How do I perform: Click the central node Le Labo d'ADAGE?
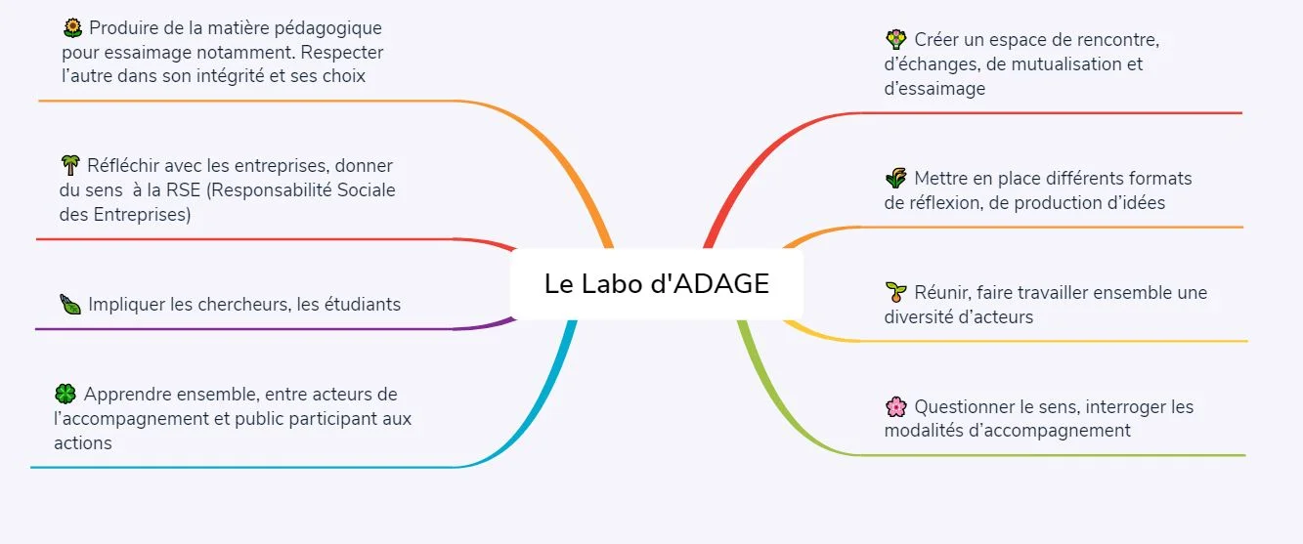click(x=657, y=284)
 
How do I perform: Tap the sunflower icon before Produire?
click(x=71, y=27)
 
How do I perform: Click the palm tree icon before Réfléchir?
click(x=69, y=164)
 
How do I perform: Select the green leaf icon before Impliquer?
click(x=70, y=304)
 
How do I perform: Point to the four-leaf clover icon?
click(x=65, y=394)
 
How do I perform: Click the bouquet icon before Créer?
click(x=895, y=39)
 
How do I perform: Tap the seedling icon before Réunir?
click(x=895, y=291)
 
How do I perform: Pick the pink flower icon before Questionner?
click(x=895, y=406)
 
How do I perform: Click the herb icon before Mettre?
click(x=895, y=178)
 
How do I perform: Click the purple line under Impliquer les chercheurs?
click(x=244, y=328)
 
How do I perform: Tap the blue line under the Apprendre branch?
click(x=244, y=467)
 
